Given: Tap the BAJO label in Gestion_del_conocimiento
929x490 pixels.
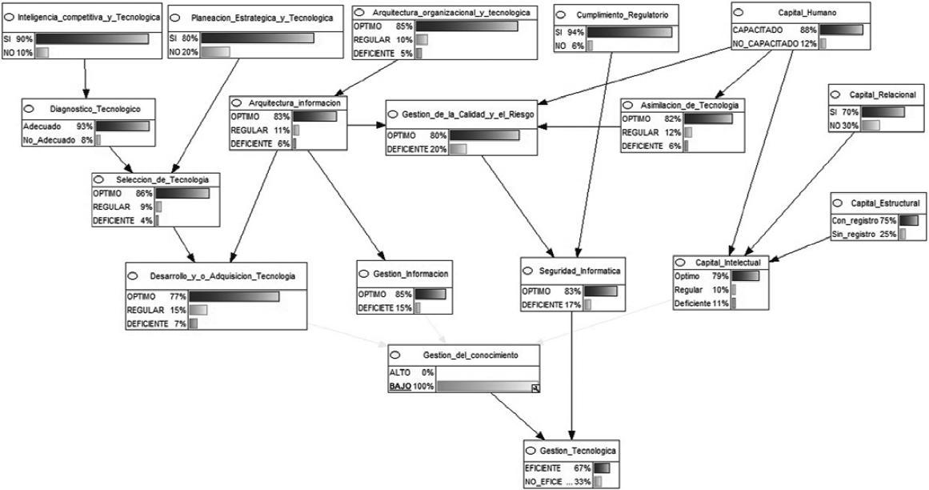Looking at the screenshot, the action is tap(400, 386).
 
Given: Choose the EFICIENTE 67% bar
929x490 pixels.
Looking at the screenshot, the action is tap(602, 468).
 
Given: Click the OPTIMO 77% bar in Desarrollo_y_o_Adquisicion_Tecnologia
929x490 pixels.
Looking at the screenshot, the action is tap(234, 296).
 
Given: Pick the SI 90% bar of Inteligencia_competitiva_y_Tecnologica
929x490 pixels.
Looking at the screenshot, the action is tap(92, 38).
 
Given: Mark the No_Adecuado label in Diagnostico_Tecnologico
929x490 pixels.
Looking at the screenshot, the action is tap(49, 140).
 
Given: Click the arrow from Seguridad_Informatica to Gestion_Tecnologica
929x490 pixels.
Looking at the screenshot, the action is tap(572, 375).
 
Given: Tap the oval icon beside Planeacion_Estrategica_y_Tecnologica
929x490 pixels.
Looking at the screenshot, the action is tap(174, 18).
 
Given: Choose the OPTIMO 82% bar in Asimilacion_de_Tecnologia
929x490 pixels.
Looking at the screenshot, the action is tap(708, 118).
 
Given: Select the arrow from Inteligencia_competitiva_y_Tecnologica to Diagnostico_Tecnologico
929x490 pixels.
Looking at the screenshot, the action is tap(86, 78).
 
